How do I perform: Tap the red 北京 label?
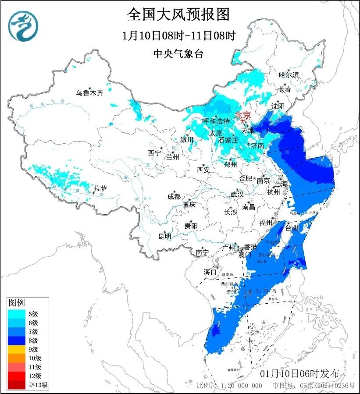click(x=242, y=115)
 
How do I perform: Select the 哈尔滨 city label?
click(x=289, y=75)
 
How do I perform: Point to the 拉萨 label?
click(x=100, y=188)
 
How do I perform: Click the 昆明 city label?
click(x=165, y=236)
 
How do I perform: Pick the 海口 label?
click(x=210, y=272)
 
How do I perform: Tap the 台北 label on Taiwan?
click(x=292, y=228)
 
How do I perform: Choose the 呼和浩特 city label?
click(x=216, y=121)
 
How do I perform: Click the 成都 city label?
click(x=174, y=197)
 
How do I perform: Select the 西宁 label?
click(x=155, y=153)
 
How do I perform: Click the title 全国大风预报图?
click(x=178, y=15)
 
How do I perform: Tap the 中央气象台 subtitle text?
click(x=178, y=54)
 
